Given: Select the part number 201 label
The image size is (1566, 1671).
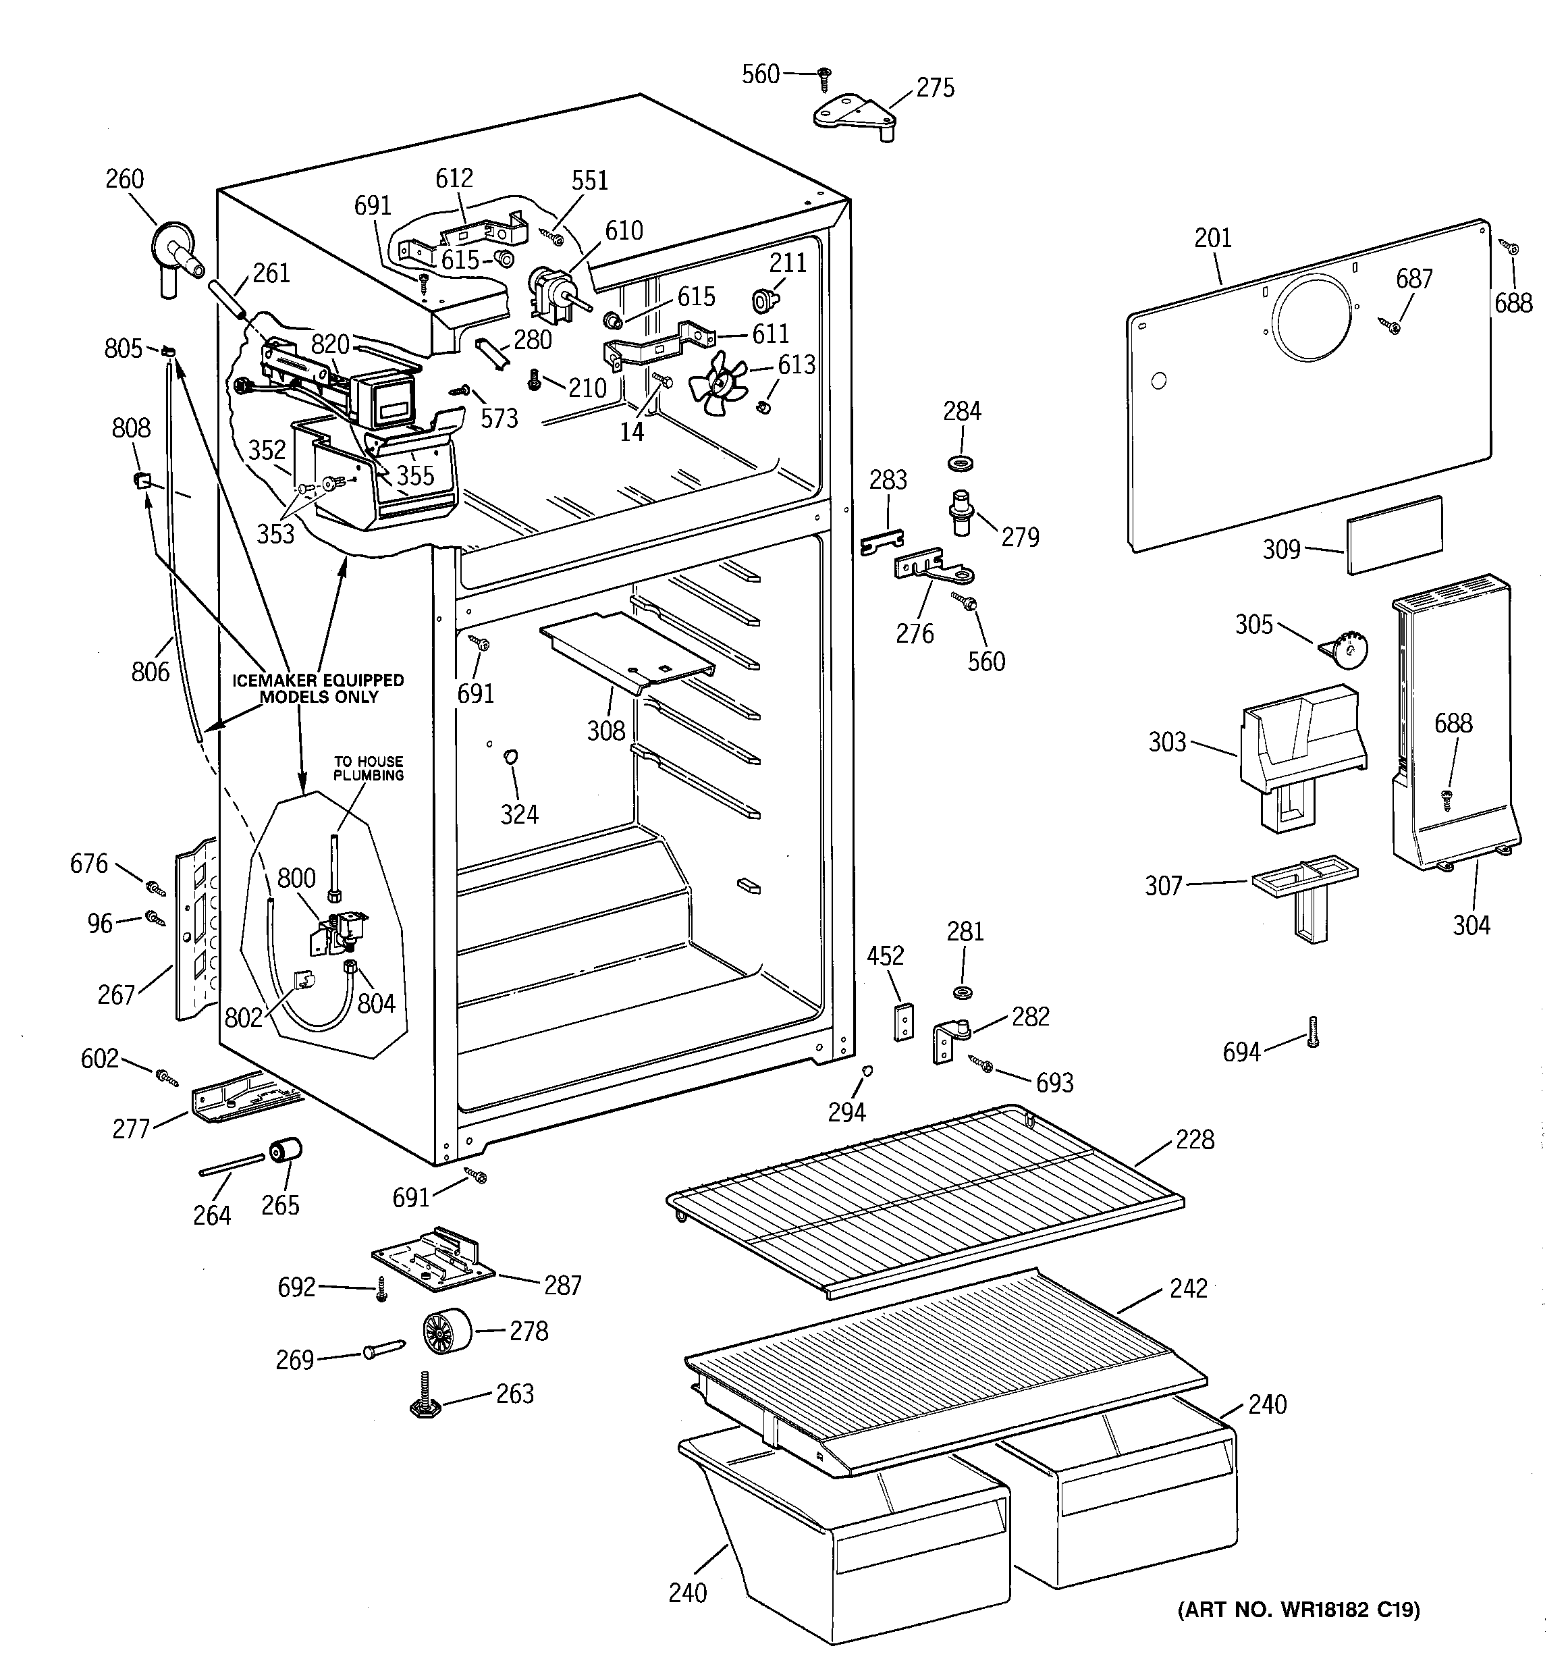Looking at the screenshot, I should coord(1213,238).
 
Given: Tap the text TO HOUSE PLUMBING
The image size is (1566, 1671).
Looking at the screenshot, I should coord(368,768).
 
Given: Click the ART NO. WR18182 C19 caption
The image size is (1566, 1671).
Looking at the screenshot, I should coord(1299,1609).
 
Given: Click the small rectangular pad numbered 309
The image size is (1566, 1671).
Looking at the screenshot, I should coord(1395,535).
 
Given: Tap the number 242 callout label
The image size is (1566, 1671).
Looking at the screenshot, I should coord(1188,1289).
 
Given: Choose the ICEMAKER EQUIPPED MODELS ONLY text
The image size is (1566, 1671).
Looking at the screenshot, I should coord(319,687).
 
